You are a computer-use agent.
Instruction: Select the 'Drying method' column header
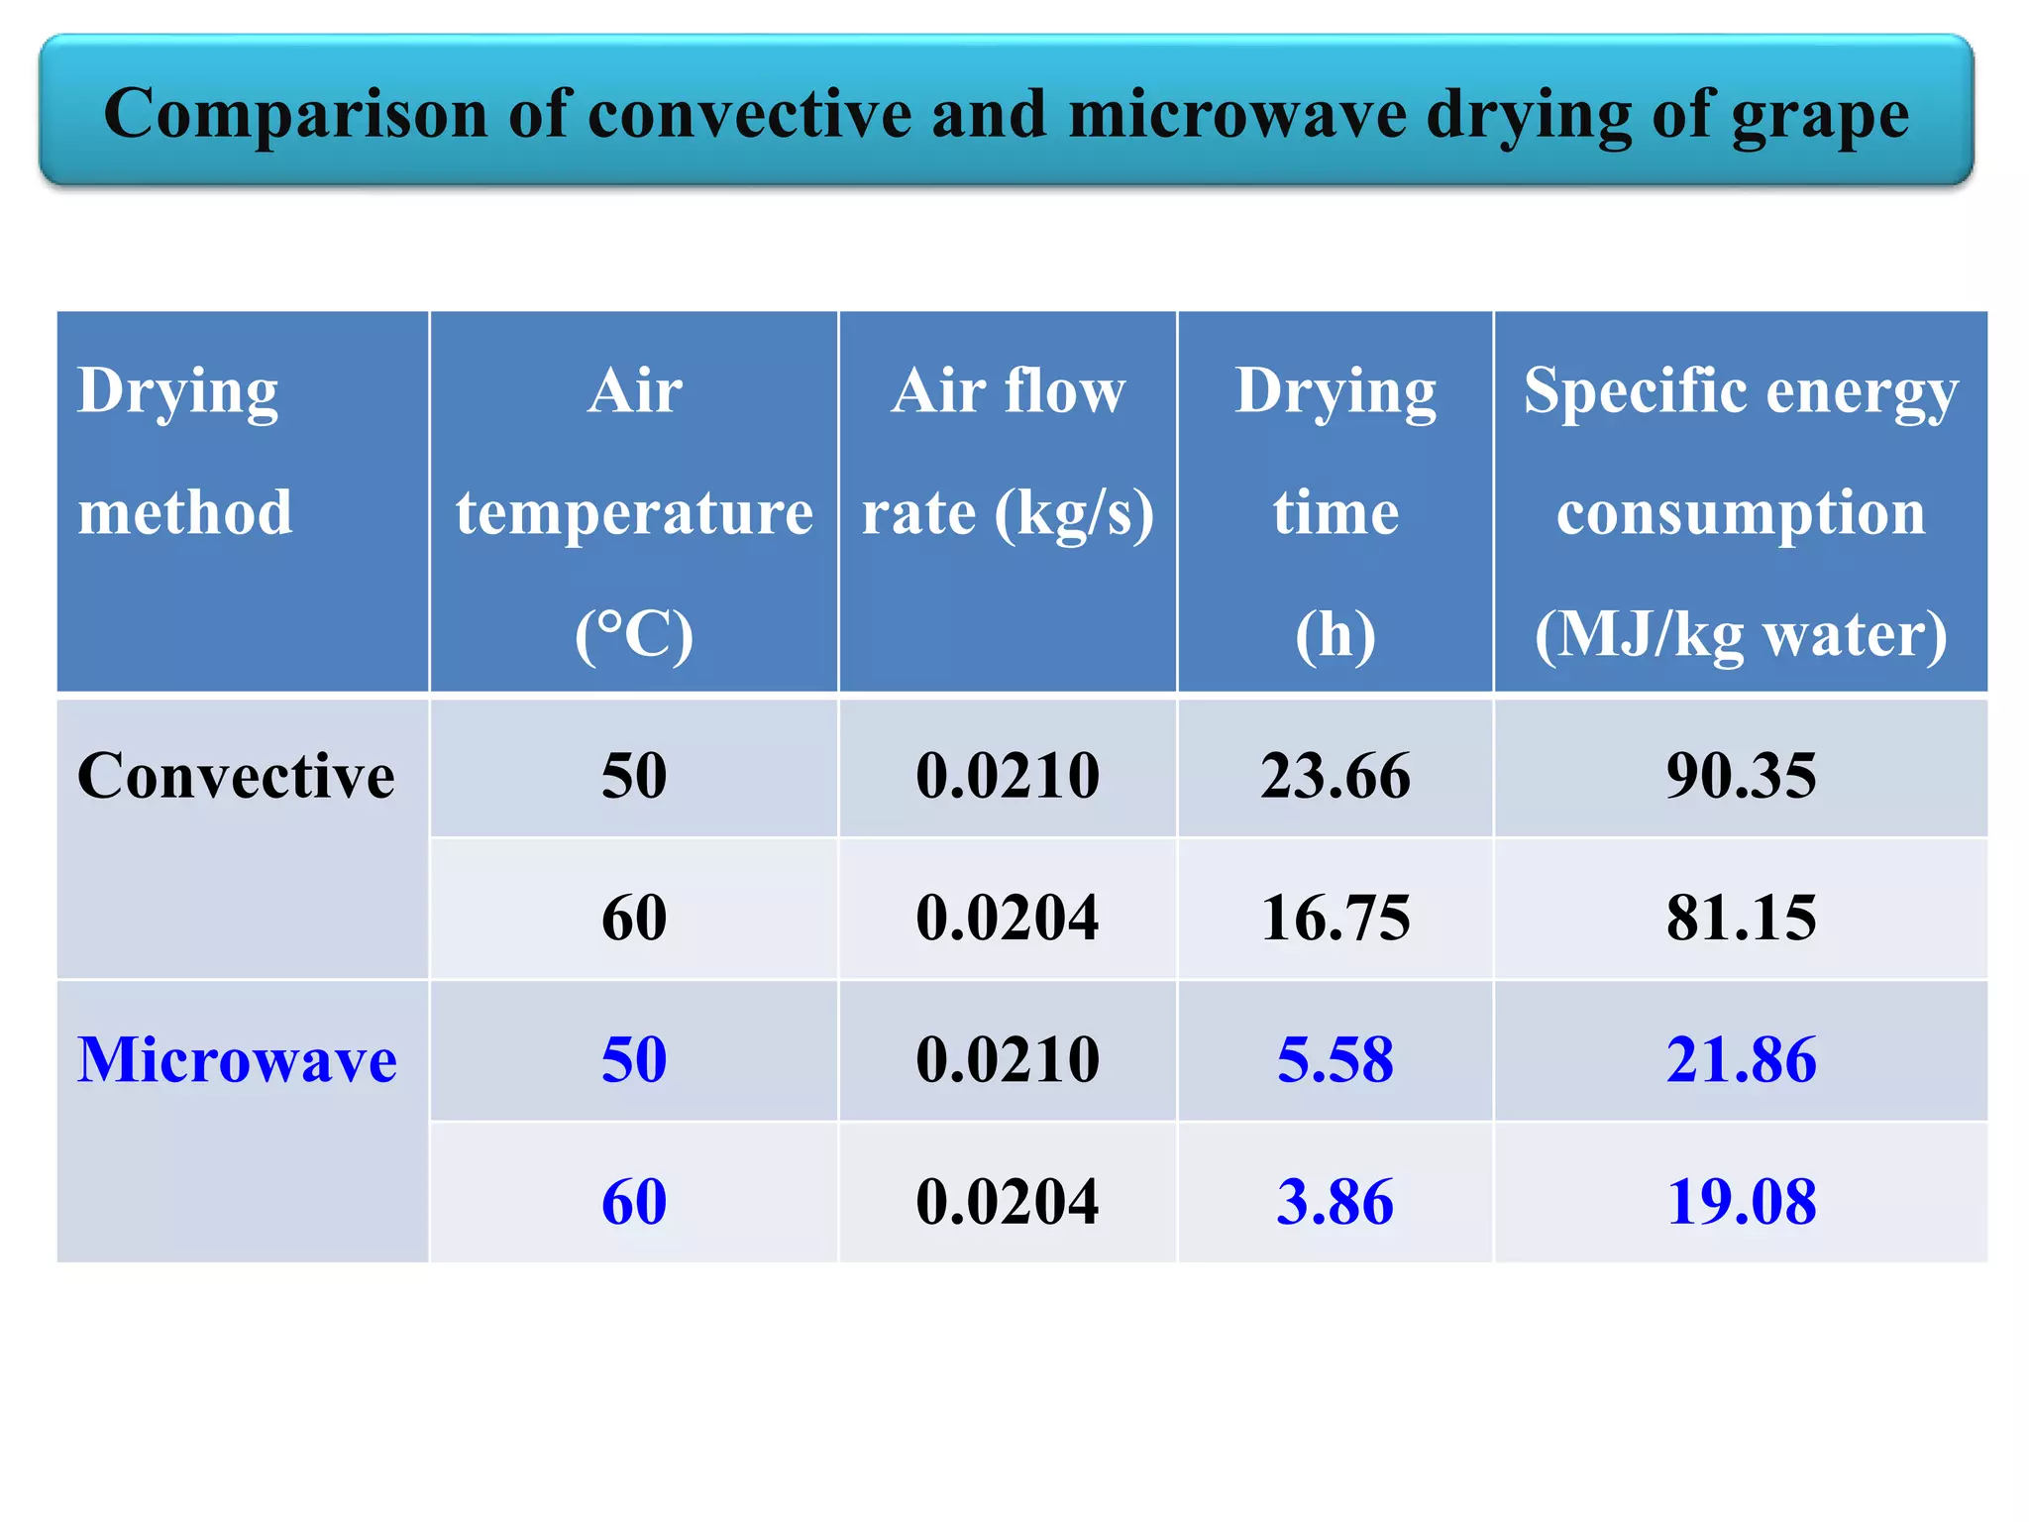185,451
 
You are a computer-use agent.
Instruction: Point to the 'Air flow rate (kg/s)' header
1008,451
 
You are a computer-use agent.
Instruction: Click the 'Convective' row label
236,775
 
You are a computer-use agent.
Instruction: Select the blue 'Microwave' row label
237,1059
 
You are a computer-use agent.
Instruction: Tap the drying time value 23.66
1335,775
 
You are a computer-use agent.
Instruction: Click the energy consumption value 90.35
1741,775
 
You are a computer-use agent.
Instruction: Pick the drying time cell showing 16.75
1335,917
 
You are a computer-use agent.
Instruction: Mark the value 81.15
1741,917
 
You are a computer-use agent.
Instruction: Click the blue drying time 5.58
1335,1059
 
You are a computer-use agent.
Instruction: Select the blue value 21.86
1741,1059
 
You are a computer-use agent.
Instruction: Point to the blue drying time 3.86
1335,1201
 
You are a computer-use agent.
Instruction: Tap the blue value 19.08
1741,1201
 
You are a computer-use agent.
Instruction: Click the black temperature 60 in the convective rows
634,917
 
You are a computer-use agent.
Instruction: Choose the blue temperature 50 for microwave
634,1059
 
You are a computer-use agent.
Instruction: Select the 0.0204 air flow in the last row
1008,1201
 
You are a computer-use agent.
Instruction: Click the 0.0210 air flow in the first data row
1008,775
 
